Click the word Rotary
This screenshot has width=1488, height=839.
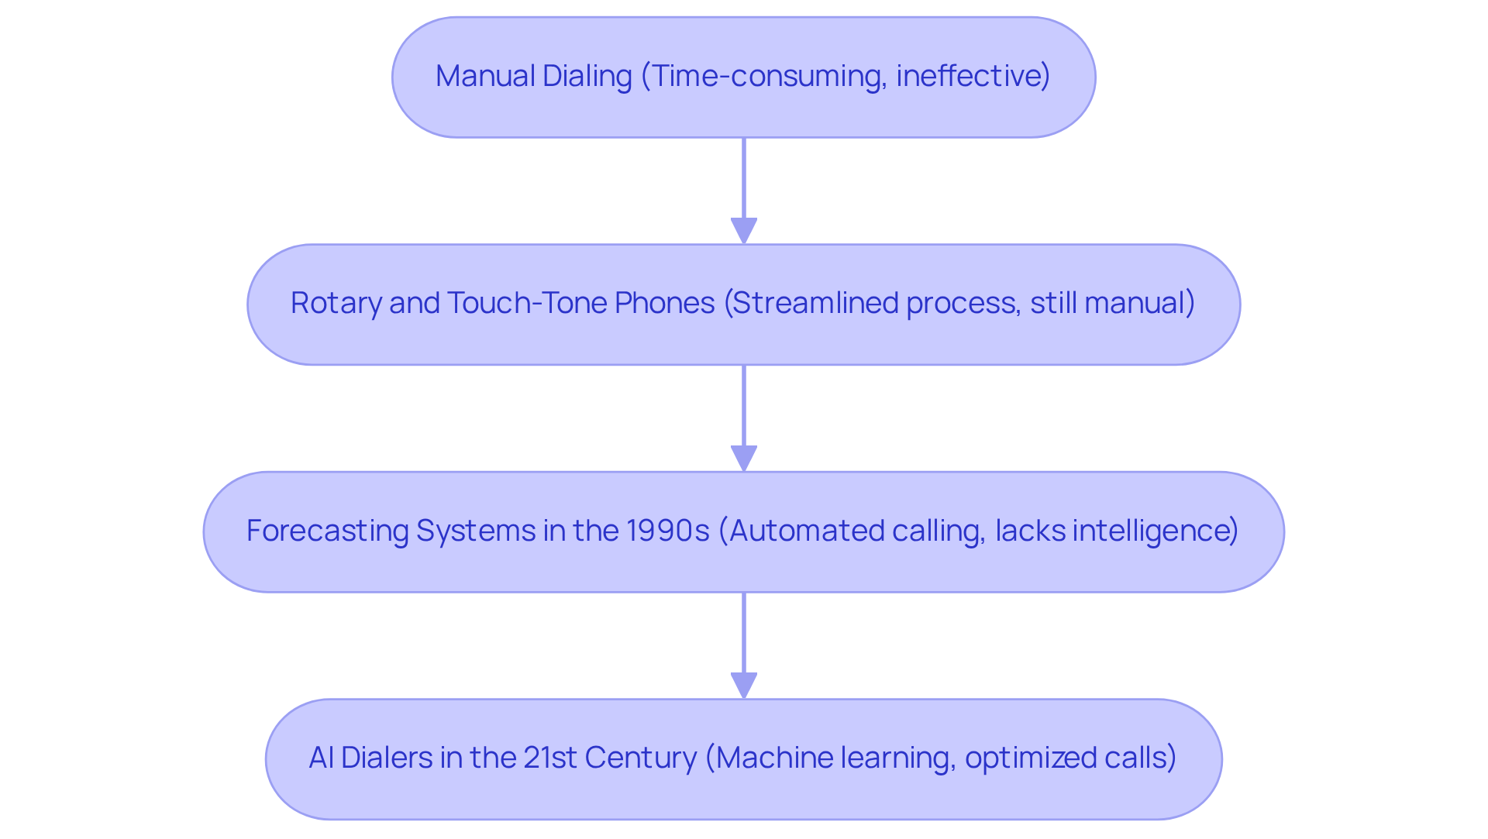(x=335, y=303)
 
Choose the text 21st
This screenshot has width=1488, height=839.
(x=550, y=758)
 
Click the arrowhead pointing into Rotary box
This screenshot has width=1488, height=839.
(x=744, y=231)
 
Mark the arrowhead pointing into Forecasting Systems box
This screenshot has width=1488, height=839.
(x=744, y=458)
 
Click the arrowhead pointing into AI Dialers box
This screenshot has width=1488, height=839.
(x=744, y=686)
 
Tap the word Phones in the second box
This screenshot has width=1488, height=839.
(x=664, y=303)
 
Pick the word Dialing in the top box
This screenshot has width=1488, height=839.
(x=587, y=76)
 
